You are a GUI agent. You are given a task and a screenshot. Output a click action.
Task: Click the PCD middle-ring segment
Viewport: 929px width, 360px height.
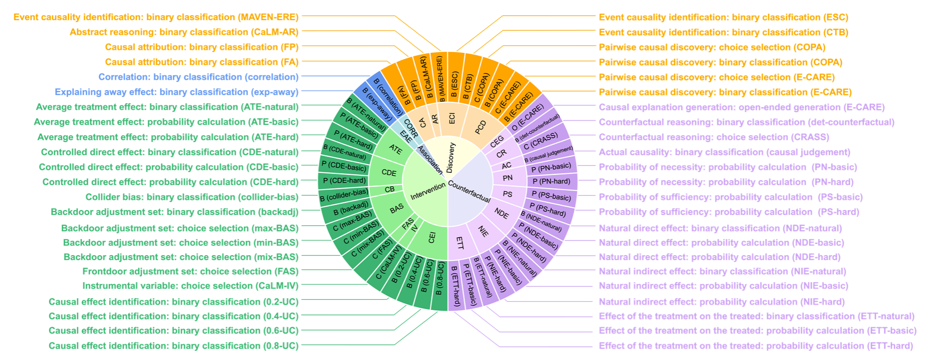pyautogui.click(x=480, y=127)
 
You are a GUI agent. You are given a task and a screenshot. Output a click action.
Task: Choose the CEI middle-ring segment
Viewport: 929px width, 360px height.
pyautogui.click(x=432, y=238)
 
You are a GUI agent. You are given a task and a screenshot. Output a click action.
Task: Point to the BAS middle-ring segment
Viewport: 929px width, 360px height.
pyautogui.click(x=396, y=209)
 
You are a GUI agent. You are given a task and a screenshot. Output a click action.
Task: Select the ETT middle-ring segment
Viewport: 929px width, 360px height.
pyautogui.click(x=460, y=242)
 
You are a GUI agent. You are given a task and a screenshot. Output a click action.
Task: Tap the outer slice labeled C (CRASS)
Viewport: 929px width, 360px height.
pyautogui.click(x=540, y=141)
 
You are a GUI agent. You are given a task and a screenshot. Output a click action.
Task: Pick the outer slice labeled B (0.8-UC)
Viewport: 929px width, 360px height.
pyautogui.click(x=440, y=285)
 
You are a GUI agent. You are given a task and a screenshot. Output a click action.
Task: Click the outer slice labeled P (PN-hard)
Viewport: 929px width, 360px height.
pyautogui.click(x=551, y=181)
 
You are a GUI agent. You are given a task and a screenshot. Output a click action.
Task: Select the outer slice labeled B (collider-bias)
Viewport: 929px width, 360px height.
pyautogui.click(x=343, y=195)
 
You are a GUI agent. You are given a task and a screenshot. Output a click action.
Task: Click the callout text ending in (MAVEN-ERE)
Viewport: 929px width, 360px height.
pyautogui.click(x=156, y=17)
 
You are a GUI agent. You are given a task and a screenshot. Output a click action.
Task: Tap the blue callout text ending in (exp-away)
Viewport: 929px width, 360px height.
pyautogui.click(x=176, y=92)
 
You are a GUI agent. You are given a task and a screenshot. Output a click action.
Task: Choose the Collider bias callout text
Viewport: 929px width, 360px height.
pyautogui.click(x=192, y=197)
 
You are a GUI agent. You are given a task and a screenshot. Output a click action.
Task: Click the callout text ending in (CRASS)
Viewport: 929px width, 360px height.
pyautogui.click(x=714, y=137)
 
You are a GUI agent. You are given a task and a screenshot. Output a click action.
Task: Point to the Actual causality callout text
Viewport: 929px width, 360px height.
pyautogui.click(x=724, y=152)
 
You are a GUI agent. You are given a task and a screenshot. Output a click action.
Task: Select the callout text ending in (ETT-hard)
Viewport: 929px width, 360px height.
pyautogui.click(x=756, y=346)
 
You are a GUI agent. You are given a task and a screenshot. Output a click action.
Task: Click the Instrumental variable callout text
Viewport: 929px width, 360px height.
pyautogui.click(x=190, y=286)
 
